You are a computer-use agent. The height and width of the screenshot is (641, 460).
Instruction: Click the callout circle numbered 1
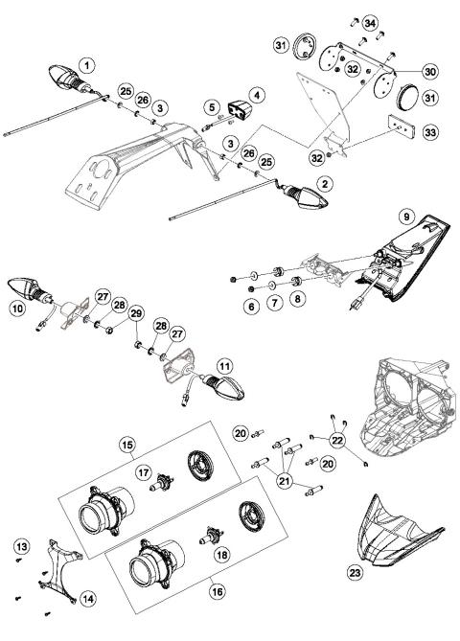coord(87,65)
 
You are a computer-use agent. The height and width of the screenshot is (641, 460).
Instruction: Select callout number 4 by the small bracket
coord(256,95)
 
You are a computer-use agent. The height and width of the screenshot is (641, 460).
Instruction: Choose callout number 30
coord(402,71)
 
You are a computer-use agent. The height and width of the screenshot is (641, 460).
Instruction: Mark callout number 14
coord(88,598)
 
